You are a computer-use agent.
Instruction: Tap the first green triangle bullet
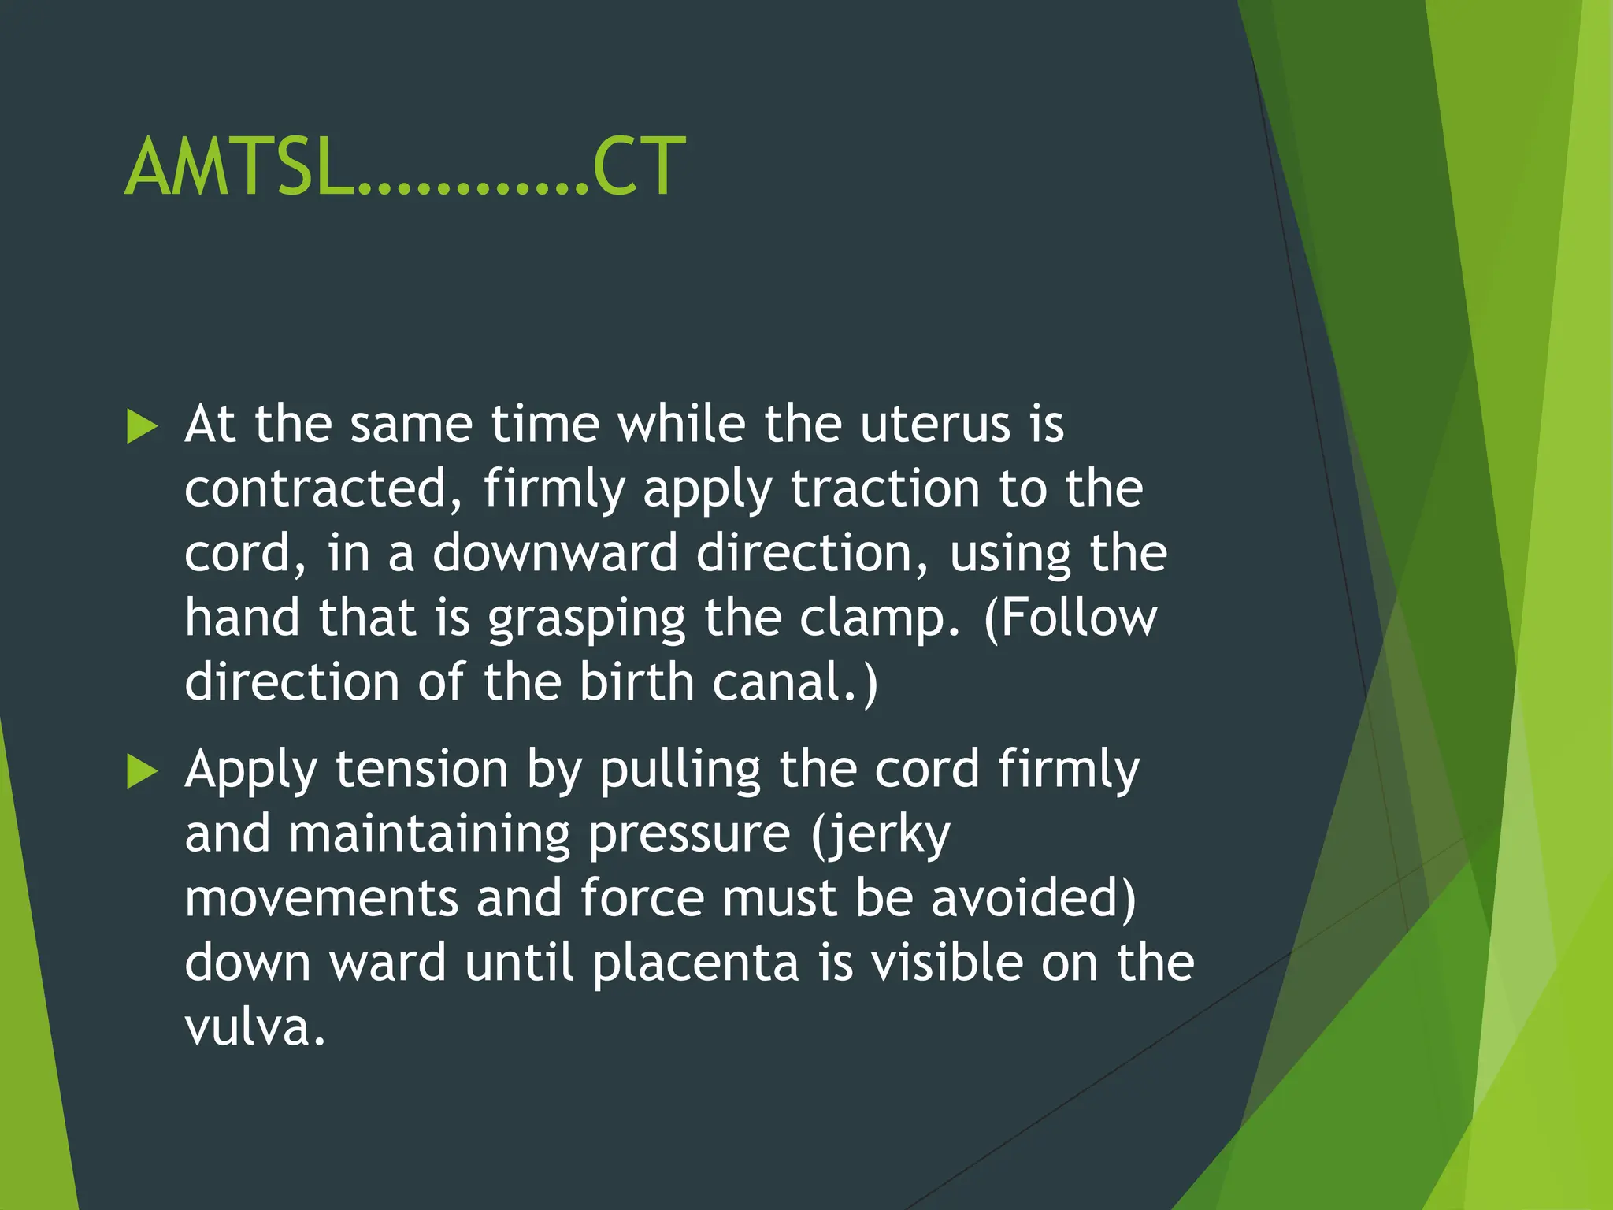(x=143, y=427)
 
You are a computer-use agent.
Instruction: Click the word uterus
(x=934, y=425)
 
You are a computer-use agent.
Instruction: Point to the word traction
(x=885, y=490)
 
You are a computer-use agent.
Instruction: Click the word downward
(x=554, y=554)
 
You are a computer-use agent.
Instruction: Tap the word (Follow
(x=1070, y=618)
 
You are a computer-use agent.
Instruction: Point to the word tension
(x=421, y=770)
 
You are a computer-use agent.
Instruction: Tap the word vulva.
(x=254, y=1029)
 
